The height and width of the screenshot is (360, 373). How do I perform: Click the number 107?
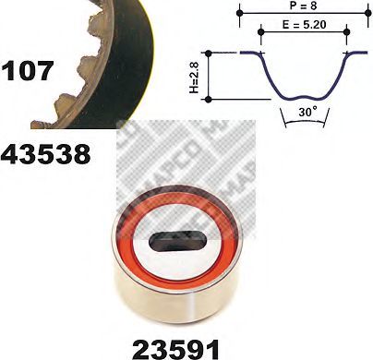[x=27, y=71]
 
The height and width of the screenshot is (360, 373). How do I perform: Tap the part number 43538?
[x=45, y=154]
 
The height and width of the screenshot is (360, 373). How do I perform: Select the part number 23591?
[x=176, y=350]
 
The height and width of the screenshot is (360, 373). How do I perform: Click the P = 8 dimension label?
[x=303, y=6]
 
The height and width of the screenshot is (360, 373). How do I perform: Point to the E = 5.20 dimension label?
[x=304, y=25]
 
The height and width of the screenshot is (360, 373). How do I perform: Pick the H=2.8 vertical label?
[x=195, y=77]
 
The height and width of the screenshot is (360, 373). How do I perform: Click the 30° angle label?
[x=307, y=112]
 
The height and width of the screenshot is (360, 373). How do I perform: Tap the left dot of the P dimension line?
[x=240, y=13]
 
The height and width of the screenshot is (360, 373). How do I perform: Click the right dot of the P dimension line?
[x=367, y=13]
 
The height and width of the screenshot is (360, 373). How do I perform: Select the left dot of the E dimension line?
[x=261, y=31]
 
